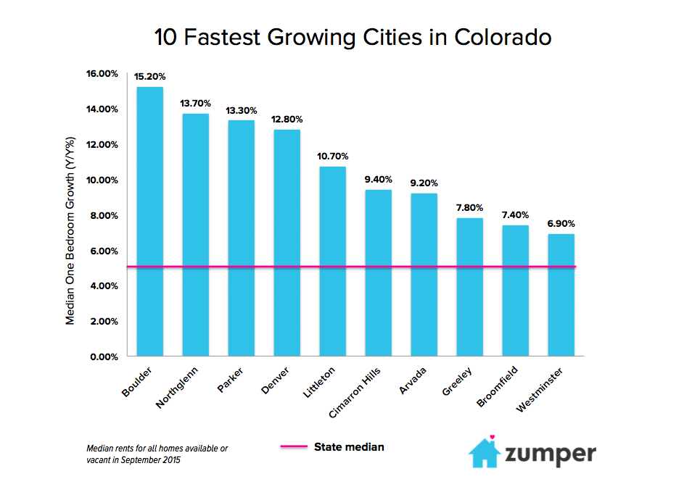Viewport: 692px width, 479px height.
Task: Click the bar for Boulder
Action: pos(150,221)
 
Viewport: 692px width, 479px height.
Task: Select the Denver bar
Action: pos(287,243)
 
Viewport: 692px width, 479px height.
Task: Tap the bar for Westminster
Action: pos(561,295)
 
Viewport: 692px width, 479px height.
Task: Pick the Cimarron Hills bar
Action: pos(378,272)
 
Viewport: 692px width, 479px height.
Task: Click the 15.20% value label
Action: pos(150,76)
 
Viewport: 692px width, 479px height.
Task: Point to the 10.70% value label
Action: pos(332,156)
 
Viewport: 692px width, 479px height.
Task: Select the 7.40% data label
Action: pos(515,214)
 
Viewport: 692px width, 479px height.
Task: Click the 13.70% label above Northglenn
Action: pos(195,103)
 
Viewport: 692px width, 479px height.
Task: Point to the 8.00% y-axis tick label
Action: pos(105,215)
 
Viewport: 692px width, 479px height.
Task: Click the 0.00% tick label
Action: pos(105,357)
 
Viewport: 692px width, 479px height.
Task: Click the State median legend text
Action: pos(349,447)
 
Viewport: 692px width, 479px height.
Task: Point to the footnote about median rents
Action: pos(157,454)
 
